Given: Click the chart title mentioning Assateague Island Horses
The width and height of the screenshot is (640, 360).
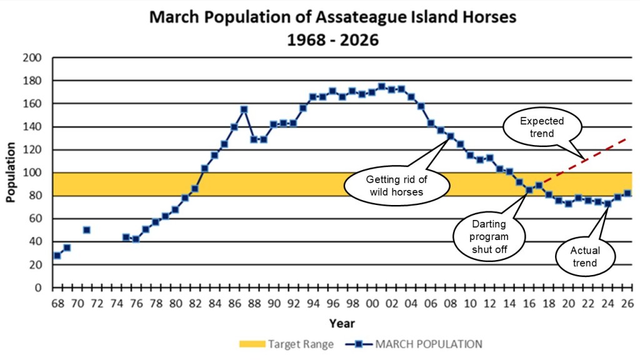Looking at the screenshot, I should pyautogui.click(x=332, y=17).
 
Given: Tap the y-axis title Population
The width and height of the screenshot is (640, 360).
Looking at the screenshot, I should pyautogui.click(x=11, y=172).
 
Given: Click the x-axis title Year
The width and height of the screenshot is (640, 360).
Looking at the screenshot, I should pyautogui.click(x=342, y=323).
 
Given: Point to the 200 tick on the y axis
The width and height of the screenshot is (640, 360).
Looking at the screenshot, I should pyautogui.click(x=33, y=58).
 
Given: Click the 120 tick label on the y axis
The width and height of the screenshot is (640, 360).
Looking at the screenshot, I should pyautogui.click(x=33, y=150).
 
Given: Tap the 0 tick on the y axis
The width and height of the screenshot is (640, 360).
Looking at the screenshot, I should pyautogui.click(x=38, y=287).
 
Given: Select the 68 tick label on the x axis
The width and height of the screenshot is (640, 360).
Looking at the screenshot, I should pyautogui.click(x=57, y=303).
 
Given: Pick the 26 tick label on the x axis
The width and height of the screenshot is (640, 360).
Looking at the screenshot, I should pyautogui.click(x=627, y=303).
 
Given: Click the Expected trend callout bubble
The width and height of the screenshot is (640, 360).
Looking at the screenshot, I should pyautogui.click(x=541, y=127).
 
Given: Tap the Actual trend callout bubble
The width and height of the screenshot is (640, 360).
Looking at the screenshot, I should pyautogui.click(x=585, y=256).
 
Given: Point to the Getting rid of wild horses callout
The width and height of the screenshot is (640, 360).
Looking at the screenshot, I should pyautogui.click(x=397, y=186).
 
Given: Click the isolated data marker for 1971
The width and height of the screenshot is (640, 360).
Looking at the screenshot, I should pyautogui.click(x=86, y=230).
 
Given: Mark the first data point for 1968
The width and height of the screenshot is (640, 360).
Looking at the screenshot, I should pyautogui.click(x=57, y=255).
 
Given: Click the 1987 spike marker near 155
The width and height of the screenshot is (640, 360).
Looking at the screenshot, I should pyautogui.click(x=244, y=109).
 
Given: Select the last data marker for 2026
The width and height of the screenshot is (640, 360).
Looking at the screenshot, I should pyautogui.click(x=627, y=193).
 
